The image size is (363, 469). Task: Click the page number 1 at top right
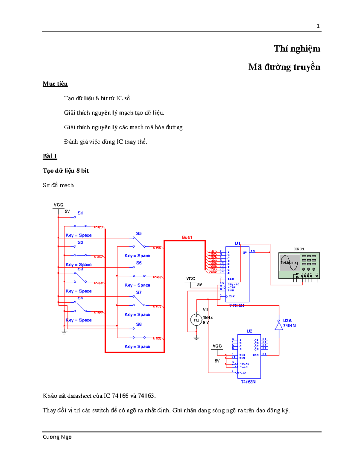pyautogui.click(x=318, y=26)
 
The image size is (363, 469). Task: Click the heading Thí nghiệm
pyautogui.click(x=297, y=49)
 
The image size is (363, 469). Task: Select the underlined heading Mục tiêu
pyautogui.click(x=55, y=84)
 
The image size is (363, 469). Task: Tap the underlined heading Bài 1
pyautogui.click(x=50, y=156)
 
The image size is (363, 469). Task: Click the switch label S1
pyautogui.click(x=80, y=213)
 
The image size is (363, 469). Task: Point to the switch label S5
pyautogui.click(x=139, y=233)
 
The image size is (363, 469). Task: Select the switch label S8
pyautogui.click(x=139, y=324)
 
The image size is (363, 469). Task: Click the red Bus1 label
pyautogui.click(x=187, y=237)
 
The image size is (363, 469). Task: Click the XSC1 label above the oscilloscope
pyautogui.click(x=299, y=249)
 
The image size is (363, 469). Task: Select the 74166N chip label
pyautogui.click(x=236, y=306)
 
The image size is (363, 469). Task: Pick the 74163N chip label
pyautogui.click(x=248, y=382)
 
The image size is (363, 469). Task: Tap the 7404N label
pyautogui.click(x=289, y=326)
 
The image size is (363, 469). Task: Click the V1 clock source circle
pyautogui.click(x=196, y=320)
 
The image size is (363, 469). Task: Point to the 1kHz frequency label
pyautogui.click(x=208, y=317)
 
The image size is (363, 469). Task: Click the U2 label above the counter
pyautogui.click(x=249, y=331)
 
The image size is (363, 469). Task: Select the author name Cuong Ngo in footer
pyautogui.click(x=57, y=437)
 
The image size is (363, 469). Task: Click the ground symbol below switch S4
pyautogui.click(x=64, y=332)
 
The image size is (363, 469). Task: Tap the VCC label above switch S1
pyautogui.click(x=58, y=205)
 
